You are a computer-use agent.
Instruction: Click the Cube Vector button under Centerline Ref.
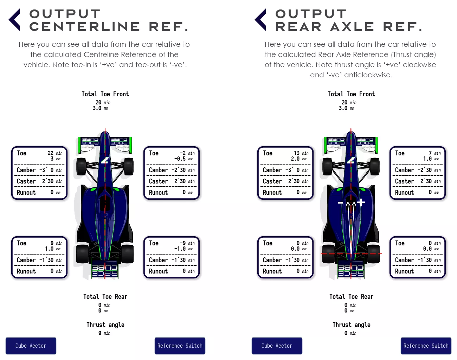pyautogui.click(x=31, y=346)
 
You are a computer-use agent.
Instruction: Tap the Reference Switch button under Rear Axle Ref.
pyautogui.click(x=426, y=346)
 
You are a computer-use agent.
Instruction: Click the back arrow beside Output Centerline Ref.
pyautogui.click(x=14, y=20)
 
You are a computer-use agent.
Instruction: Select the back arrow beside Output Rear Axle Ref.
pyautogui.click(x=260, y=20)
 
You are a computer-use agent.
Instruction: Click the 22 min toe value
pyautogui.click(x=55, y=153)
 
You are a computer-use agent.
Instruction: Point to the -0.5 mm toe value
pyautogui.click(x=184, y=159)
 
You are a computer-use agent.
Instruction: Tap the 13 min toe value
pyautogui.click(x=301, y=153)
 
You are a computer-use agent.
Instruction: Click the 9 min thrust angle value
pyautogui.click(x=104, y=333)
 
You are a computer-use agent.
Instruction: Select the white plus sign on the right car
pyautogui.click(x=361, y=202)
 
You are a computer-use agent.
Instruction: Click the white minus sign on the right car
pyautogui.click(x=340, y=203)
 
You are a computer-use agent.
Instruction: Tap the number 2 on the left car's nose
pyautogui.click(x=105, y=160)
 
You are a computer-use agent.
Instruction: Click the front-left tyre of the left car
pyautogui.click(x=81, y=167)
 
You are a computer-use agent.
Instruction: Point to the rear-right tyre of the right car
pyautogui.click(x=374, y=254)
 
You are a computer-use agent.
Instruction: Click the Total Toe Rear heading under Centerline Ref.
pyautogui.click(x=105, y=297)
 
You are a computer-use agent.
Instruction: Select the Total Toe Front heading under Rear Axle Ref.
pyautogui.click(x=351, y=94)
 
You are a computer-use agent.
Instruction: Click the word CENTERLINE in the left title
pyautogui.click(x=84, y=27)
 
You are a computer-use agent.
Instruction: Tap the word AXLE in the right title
pyautogui.click(x=352, y=27)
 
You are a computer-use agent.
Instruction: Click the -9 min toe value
pyautogui.click(x=187, y=243)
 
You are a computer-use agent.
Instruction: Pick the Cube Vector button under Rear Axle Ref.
pyautogui.click(x=277, y=346)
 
